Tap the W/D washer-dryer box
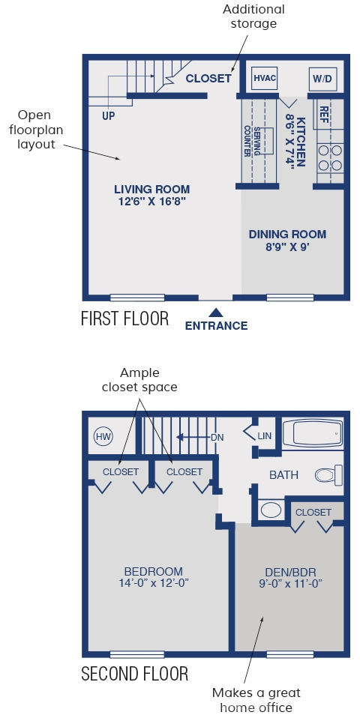322,79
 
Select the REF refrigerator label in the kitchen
324,112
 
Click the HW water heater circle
103,436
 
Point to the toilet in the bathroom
328,475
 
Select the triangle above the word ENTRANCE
216,313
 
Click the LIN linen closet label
264,436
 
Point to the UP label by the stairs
109,116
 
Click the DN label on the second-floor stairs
217,437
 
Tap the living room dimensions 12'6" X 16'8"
151,201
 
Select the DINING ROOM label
288,235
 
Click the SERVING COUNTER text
252,141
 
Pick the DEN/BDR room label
291,572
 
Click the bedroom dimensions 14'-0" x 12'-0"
154,583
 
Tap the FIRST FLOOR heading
124,319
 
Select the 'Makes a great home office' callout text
256,700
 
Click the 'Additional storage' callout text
253,16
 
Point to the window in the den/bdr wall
290,654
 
